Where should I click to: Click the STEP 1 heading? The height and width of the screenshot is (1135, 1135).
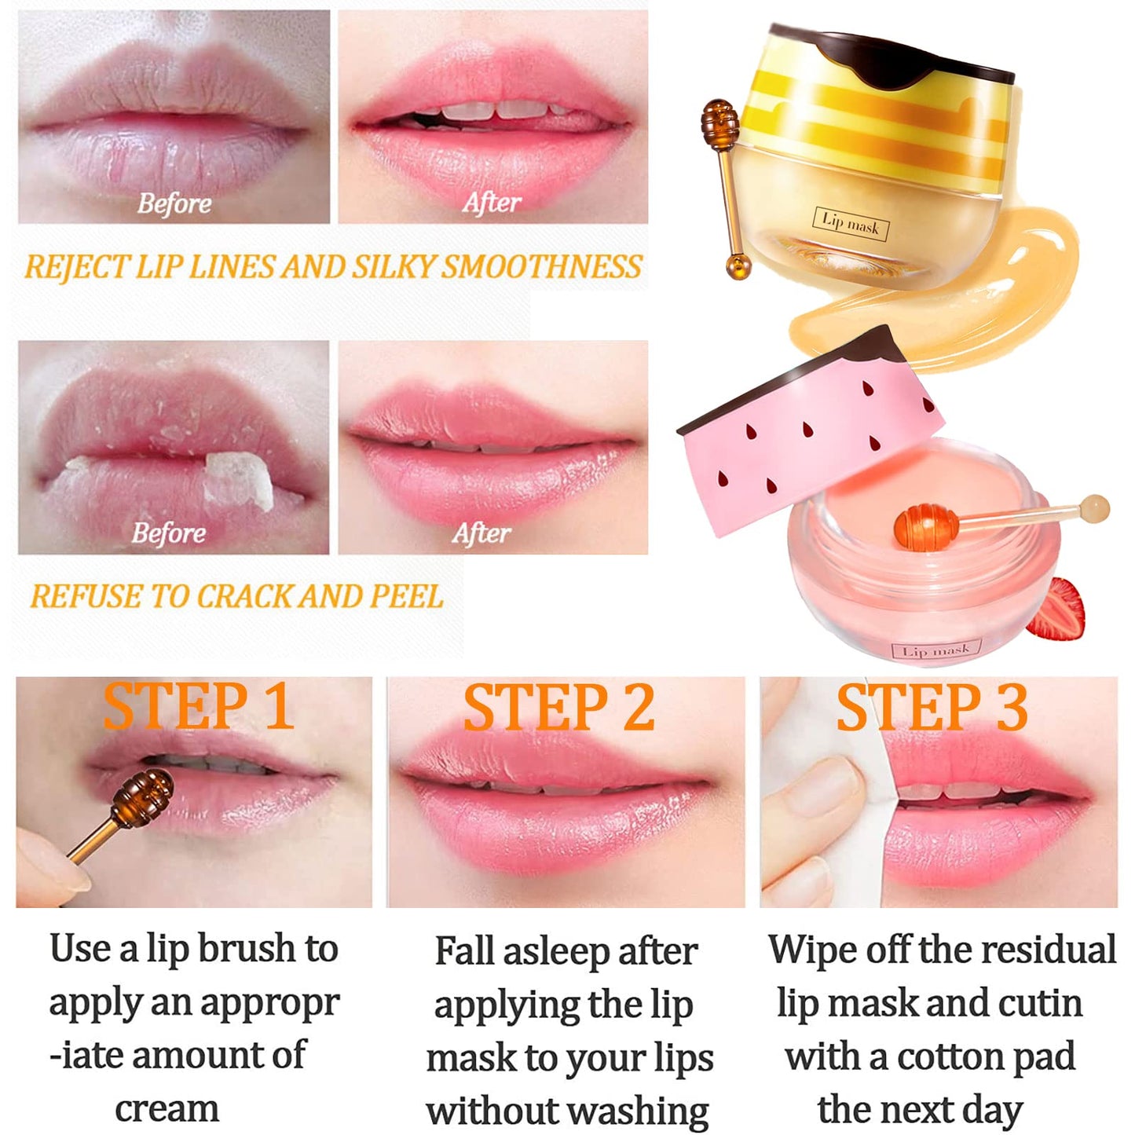[198, 707]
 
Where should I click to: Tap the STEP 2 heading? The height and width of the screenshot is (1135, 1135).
[558, 707]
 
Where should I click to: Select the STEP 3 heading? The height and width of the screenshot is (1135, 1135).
[932, 707]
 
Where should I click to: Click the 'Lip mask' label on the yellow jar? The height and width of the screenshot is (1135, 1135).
[851, 224]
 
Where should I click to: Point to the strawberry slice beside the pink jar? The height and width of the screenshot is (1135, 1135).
[1058, 610]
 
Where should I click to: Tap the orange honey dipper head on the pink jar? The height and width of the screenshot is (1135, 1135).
[926, 524]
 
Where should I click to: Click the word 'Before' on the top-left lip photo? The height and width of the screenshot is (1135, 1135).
[174, 203]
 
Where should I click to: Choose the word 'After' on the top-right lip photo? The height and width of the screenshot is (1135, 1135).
[492, 203]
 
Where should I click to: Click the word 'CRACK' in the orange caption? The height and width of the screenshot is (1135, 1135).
[243, 597]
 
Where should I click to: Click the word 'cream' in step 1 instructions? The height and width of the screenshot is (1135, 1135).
[167, 1108]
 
